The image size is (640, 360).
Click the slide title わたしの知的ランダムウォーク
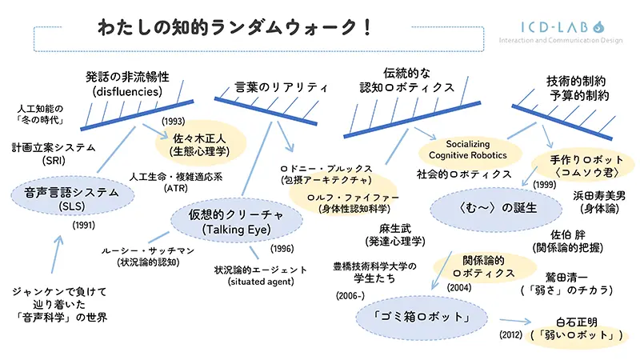232,26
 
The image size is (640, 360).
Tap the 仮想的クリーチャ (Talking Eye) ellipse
226,221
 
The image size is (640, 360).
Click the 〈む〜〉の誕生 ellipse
487,207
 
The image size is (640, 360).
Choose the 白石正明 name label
576,322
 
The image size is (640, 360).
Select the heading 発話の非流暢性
127,78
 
